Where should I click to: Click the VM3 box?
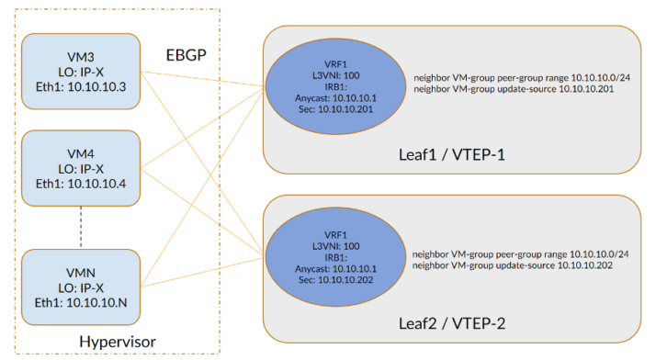pyautogui.click(x=81, y=73)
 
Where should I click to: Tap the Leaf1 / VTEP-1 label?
pyautogui.click(x=452, y=152)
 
